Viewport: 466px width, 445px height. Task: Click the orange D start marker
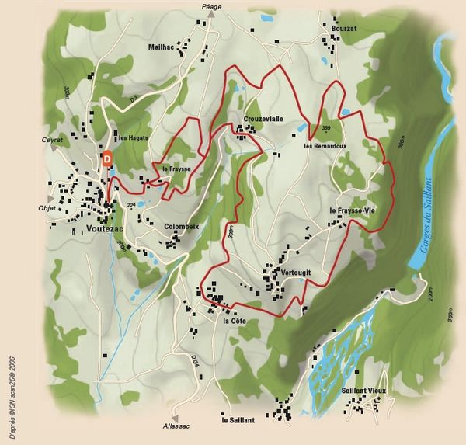pos(107,158)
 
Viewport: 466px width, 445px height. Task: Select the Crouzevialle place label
pos(263,119)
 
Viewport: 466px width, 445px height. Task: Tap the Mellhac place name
pos(162,47)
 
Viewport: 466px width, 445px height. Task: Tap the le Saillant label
pos(238,419)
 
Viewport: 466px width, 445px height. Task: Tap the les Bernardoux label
pos(325,145)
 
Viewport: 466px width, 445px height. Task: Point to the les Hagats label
pos(133,138)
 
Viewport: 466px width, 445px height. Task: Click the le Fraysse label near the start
pos(176,168)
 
